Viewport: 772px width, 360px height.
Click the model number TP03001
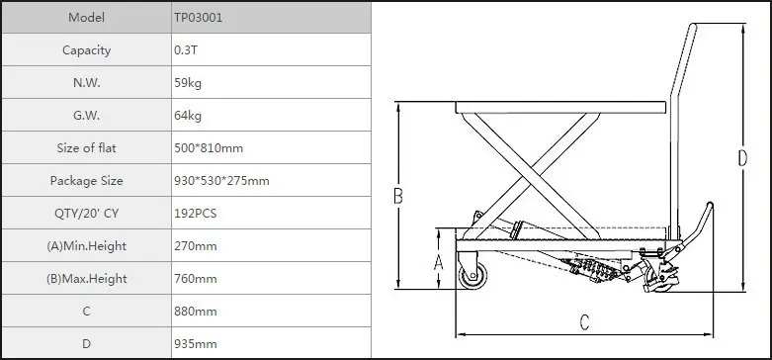198,18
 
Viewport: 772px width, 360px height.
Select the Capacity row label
87,50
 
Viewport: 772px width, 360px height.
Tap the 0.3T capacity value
186,50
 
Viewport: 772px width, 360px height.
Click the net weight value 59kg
188,83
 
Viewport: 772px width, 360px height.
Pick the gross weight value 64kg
188,116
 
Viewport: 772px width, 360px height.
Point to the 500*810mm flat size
209,148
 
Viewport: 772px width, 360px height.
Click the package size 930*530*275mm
221,181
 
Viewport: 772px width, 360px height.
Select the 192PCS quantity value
195,214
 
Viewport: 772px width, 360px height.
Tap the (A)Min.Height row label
87,246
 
